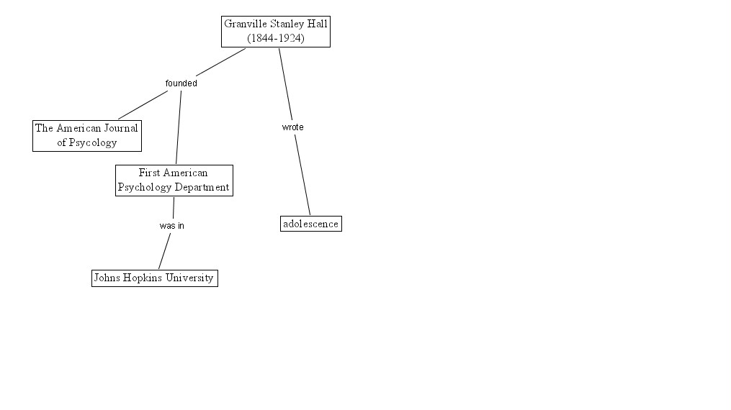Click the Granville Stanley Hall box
click(x=275, y=31)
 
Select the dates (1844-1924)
click(x=275, y=38)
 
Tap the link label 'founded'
click(x=181, y=83)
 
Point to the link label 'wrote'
click(x=292, y=127)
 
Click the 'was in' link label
click(x=171, y=225)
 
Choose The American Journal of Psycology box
click(x=86, y=135)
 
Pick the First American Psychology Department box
click(x=174, y=180)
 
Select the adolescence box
click(x=310, y=224)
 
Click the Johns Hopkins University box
click(x=154, y=278)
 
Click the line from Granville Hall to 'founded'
click(x=220, y=63)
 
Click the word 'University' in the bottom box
click(x=189, y=278)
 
